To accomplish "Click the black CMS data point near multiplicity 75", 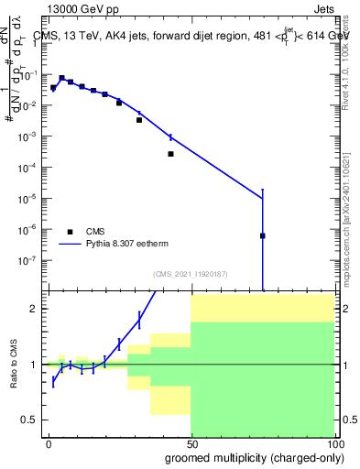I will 263,235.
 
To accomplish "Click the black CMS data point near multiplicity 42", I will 170,154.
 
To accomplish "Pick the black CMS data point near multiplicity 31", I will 139,120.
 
